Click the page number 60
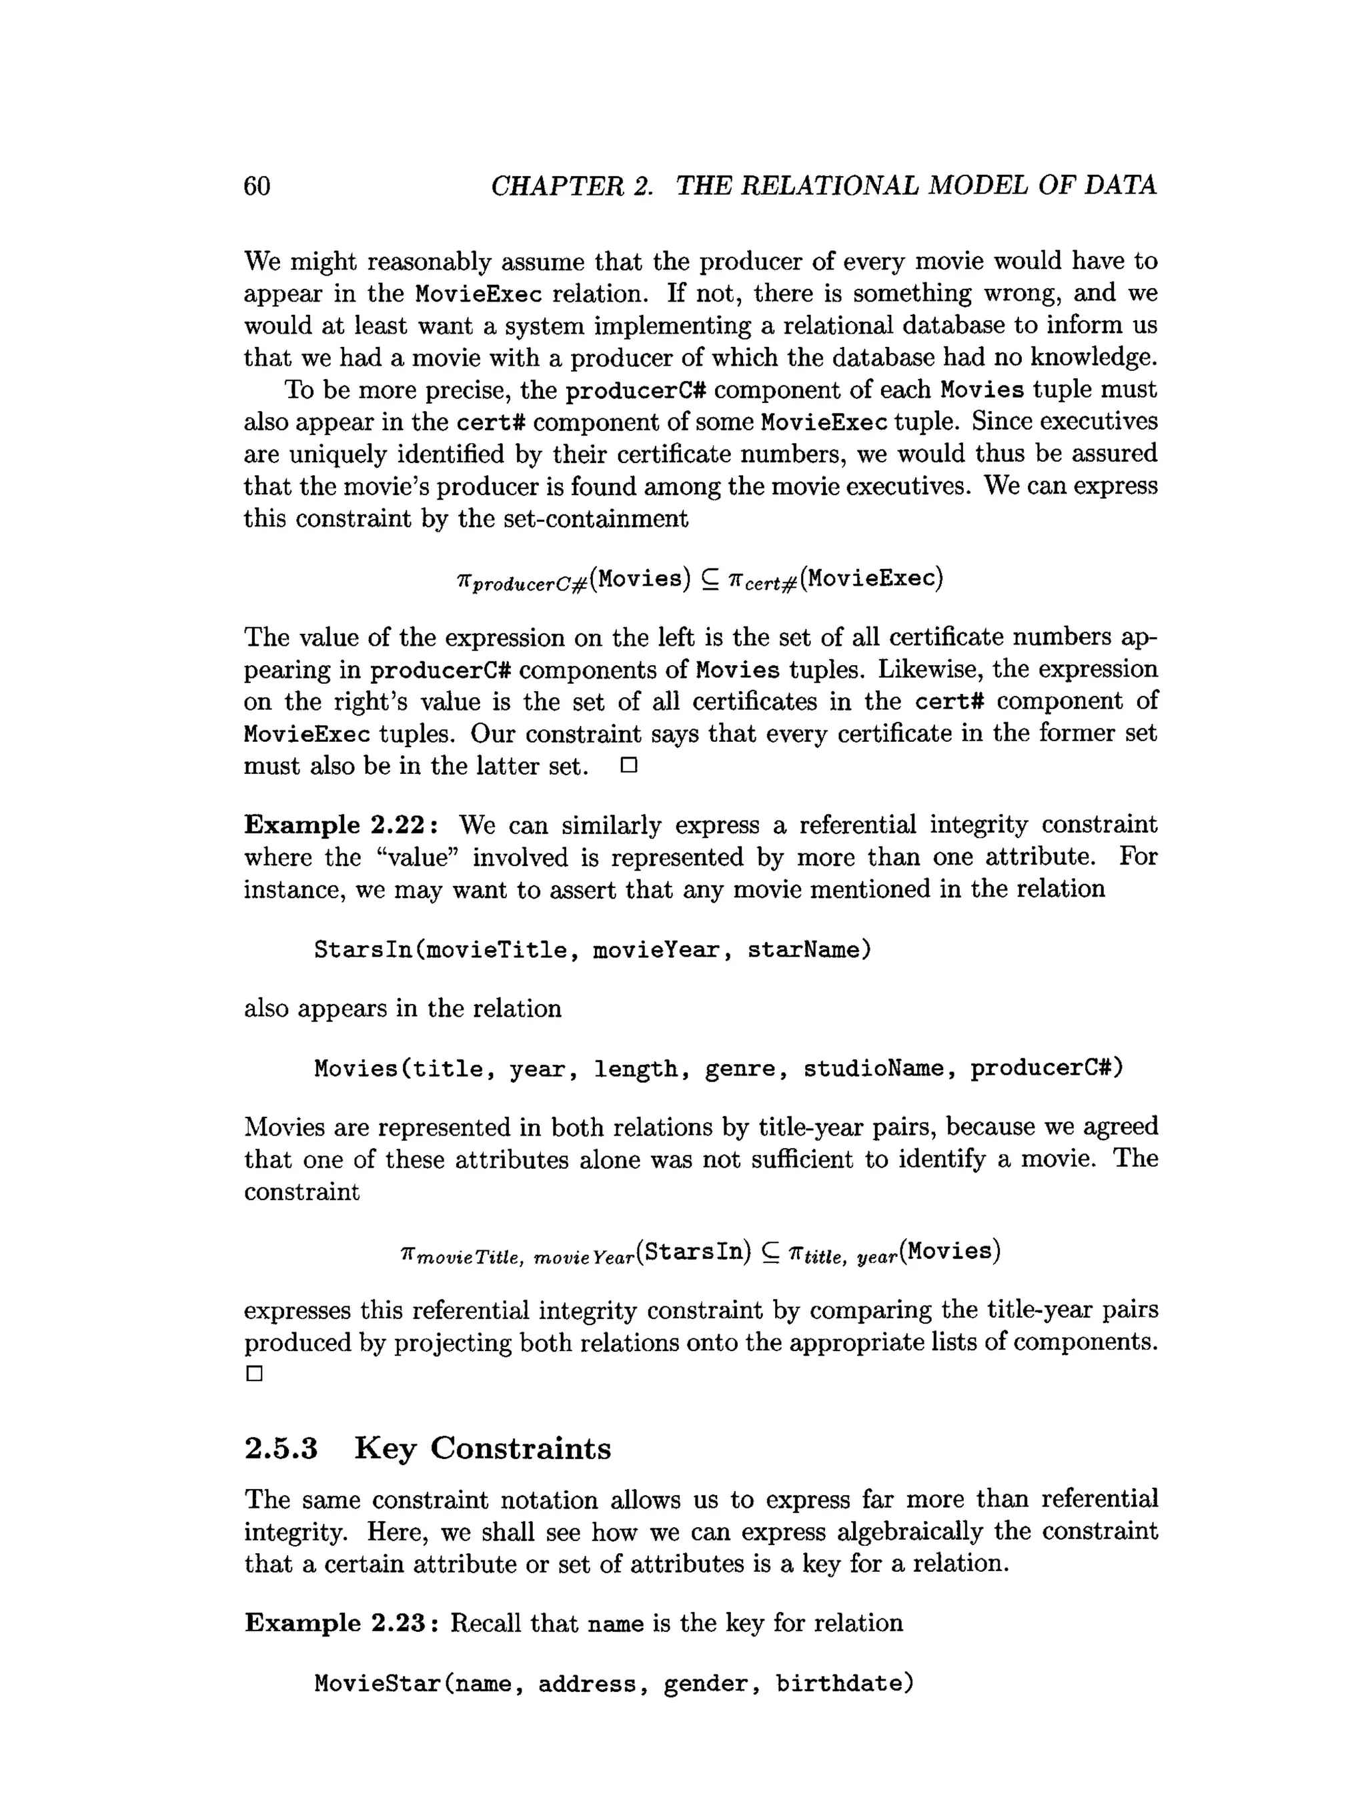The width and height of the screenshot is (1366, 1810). [x=257, y=187]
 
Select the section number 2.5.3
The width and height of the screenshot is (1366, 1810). [x=281, y=1448]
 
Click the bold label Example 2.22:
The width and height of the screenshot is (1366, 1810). [x=340, y=825]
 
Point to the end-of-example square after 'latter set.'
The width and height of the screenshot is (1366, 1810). [x=628, y=766]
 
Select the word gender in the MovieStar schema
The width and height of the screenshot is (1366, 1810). [x=705, y=1684]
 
